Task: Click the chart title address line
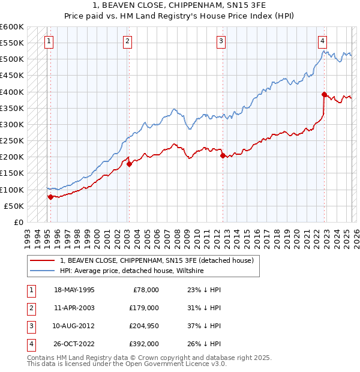click(x=179, y=6)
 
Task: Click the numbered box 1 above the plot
click(x=48, y=41)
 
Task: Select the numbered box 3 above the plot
click(x=221, y=41)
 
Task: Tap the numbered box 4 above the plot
click(x=322, y=41)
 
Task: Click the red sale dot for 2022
click(x=324, y=94)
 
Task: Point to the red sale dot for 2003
click(x=129, y=163)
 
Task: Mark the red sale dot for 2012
click(x=222, y=155)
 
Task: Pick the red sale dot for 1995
click(x=50, y=196)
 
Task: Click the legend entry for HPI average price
click(x=132, y=271)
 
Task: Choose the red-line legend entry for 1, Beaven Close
click(x=157, y=260)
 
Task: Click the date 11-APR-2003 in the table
click(x=74, y=308)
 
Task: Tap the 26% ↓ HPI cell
click(x=200, y=344)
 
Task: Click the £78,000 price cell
click(x=145, y=290)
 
